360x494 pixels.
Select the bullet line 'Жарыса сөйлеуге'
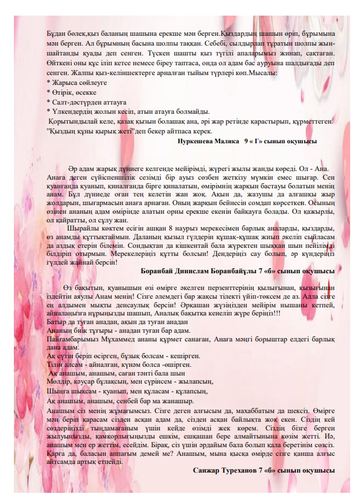click(71, 83)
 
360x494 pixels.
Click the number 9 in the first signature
click(247, 140)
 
